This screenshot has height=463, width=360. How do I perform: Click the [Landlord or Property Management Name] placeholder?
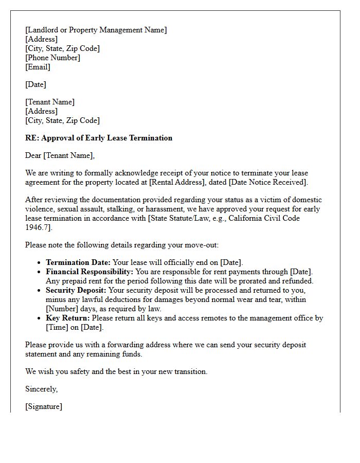96,30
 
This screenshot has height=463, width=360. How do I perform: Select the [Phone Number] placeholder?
52,58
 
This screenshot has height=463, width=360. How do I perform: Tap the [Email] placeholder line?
38,67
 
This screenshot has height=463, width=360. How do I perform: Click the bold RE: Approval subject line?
99,138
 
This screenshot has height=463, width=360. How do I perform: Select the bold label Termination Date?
78,262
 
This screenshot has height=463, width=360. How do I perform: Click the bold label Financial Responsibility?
89,272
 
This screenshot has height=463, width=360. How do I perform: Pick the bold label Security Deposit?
76,290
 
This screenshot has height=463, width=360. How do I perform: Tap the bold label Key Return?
67,318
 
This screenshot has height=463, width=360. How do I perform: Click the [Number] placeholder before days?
62,309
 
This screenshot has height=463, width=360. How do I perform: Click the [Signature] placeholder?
44,406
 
